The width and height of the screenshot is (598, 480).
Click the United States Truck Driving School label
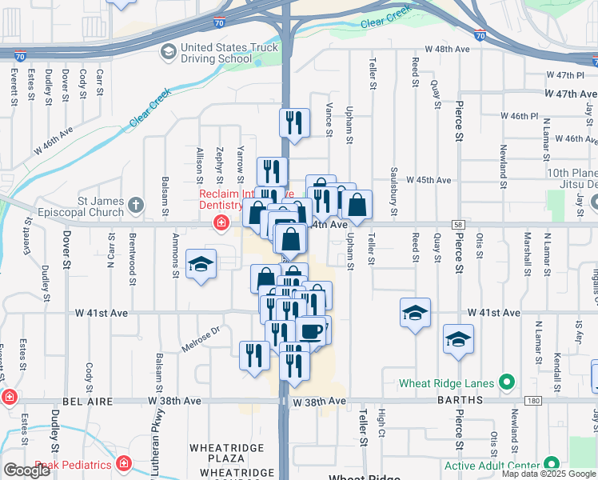coord(217,54)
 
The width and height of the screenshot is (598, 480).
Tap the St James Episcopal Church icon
coord(137,205)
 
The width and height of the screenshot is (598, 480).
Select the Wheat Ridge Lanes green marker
coord(505,383)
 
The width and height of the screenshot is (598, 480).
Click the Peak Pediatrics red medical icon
coord(123,463)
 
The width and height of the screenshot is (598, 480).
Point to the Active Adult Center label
coord(492,465)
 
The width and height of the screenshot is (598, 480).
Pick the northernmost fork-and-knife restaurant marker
coord(294,122)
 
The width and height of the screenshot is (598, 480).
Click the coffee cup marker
coord(311,331)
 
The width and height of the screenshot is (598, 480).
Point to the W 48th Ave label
coord(447,49)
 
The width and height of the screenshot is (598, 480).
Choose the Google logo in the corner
coord(26,470)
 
